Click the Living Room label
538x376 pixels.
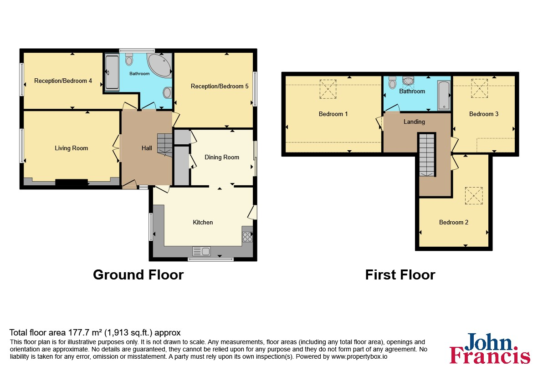[72, 148]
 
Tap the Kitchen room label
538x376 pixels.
[203, 222]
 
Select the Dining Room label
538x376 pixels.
[222, 158]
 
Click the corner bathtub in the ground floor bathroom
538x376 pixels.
[159, 65]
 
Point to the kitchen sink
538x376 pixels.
[201, 251]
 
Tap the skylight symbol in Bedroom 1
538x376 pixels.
[328, 89]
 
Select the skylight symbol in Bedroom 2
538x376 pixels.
[474, 196]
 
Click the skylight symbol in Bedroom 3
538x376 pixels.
[479, 88]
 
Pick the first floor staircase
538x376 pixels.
[426, 155]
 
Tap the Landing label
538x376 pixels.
[414, 122]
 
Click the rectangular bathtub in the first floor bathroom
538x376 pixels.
[444, 95]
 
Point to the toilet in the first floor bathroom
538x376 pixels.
[393, 82]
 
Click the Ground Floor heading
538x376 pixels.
[138, 274]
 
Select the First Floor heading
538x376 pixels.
[400, 274]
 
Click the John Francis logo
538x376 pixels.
[490, 348]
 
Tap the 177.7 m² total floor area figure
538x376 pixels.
[85, 332]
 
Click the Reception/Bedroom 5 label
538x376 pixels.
[220, 86]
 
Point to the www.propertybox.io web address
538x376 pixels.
[359, 356]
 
